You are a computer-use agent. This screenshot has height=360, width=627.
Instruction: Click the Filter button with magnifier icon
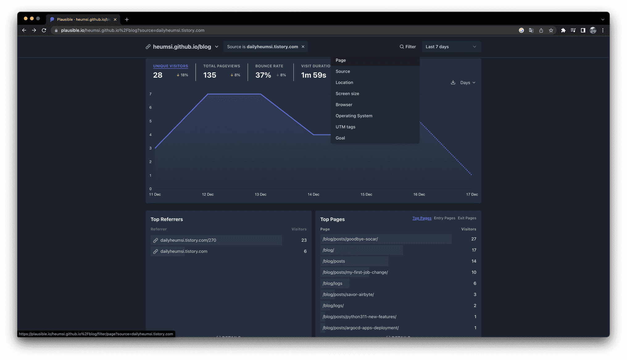[x=408, y=47]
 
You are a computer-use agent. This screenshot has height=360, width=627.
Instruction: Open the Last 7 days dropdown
[x=451, y=47]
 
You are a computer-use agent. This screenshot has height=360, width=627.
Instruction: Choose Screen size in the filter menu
[x=347, y=93]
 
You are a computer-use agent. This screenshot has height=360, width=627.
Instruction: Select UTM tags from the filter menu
[x=345, y=127]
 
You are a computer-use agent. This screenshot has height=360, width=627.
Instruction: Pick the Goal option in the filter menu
[x=340, y=138]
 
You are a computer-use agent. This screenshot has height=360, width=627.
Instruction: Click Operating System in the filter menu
[x=354, y=116]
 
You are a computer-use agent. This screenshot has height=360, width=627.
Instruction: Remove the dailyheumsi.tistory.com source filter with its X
[x=303, y=47]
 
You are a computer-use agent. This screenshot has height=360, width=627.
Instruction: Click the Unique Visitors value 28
[x=158, y=75]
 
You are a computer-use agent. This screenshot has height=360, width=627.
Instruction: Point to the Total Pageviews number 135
[x=210, y=75]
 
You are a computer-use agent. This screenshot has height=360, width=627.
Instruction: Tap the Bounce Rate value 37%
[x=263, y=75]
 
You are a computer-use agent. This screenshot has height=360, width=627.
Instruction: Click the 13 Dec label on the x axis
[x=260, y=194]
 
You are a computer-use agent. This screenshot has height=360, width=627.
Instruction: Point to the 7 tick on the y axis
[x=150, y=94]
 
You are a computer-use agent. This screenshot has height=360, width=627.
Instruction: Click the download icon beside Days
[x=453, y=82]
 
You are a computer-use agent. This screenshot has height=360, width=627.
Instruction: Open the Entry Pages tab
[x=444, y=218]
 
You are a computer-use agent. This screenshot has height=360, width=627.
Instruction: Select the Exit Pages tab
[x=467, y=218]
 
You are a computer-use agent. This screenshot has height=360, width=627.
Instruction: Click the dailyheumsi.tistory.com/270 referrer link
[x=188, y=240]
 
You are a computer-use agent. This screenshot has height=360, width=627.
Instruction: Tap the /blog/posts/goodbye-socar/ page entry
[x=350, y=239]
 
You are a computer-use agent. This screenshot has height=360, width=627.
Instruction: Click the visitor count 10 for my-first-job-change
[x=474, y=272]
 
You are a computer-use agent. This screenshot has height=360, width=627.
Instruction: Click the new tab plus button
[x=127, y=19]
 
